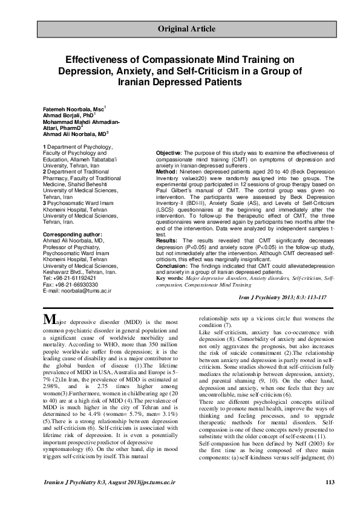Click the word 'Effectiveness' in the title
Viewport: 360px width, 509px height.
click(x=99, y=59)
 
